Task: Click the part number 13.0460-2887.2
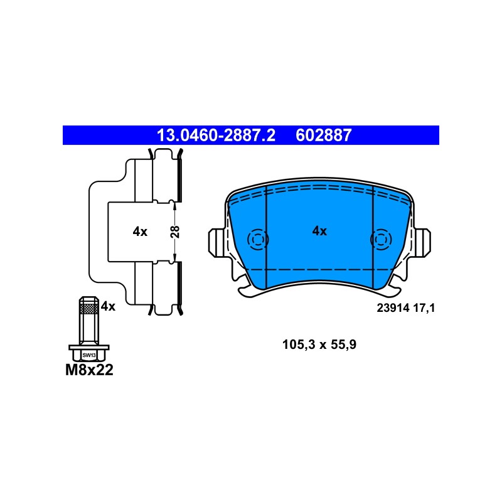click(x=216, y=136)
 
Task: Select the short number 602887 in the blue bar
click(x=323, y=136)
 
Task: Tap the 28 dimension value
click(x=175, y=232)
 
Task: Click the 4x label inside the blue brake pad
click(x=319, y=231)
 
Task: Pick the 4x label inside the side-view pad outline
click(x=140, y=232)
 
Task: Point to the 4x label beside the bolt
click(x=108, y=306)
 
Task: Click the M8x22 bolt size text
click(x=89, y=370)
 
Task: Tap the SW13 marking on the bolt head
click(x=89, y=355)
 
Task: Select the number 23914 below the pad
click(x=393, y=308)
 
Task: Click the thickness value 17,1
click(x=424, y=308)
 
